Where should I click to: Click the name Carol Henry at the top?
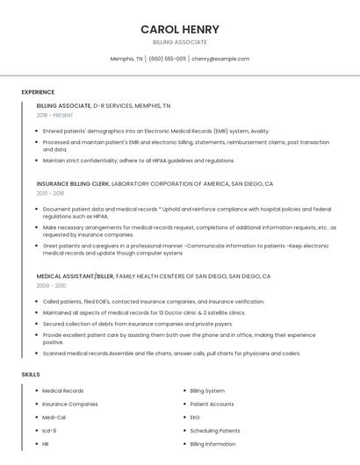(179, 29)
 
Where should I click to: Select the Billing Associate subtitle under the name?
(179, 42)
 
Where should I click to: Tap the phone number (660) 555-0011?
(167, 59)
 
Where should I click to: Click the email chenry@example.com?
(220, 59)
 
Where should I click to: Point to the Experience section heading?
(38, 92)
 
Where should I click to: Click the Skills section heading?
(31, 375)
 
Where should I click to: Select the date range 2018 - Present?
(55, 115)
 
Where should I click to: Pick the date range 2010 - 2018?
(51, 193)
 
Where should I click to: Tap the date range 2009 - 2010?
(51, 285)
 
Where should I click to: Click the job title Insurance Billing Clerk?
(73, 184)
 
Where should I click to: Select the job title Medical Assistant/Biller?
(75, 276)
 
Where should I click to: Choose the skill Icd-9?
(49, 431)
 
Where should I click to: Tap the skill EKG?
(195, 418)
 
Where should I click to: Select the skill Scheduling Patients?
(215, 431)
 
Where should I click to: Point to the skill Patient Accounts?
(212, 404)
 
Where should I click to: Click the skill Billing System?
(208, 390)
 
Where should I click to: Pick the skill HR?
(46, 444)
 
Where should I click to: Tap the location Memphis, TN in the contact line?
(126, 59)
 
